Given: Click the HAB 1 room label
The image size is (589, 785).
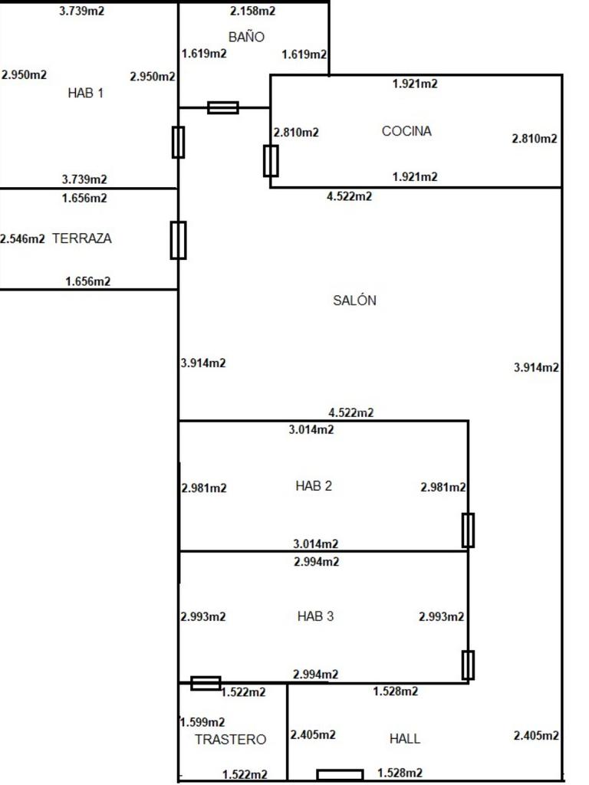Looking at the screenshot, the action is point(86,93).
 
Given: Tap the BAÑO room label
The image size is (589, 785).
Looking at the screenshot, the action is point(246,37).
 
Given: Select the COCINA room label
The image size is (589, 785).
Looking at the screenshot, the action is point(406,131).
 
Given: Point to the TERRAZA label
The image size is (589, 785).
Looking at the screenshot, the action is point(82,238).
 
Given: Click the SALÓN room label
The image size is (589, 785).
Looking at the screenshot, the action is point(354,300).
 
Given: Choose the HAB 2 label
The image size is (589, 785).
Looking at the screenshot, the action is point(314,486).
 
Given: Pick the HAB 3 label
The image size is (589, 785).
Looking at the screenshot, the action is point(315,616).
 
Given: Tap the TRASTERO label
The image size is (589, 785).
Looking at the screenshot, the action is point(230,740).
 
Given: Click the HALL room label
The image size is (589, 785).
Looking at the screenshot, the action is point(405,738).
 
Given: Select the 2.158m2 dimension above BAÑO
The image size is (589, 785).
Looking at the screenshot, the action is point(252,11).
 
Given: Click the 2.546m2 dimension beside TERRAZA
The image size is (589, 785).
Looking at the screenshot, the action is point(22,239).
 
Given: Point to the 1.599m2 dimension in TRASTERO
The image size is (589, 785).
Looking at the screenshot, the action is point(202,722).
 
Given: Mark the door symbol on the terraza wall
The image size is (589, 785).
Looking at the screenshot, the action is point(178,240).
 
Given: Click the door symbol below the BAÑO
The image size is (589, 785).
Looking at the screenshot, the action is point(223,107).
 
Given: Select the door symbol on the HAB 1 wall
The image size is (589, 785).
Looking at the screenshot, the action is point(178,142).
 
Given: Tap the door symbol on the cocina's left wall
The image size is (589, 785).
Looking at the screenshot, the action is point(271,161).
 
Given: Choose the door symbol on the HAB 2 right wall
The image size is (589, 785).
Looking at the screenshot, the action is point(469,530).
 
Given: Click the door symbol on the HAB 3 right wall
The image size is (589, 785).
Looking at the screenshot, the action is point(468,665).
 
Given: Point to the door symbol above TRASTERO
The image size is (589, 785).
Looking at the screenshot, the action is point(206,683).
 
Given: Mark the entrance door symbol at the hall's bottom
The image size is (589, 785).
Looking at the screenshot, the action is point(340,775).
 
